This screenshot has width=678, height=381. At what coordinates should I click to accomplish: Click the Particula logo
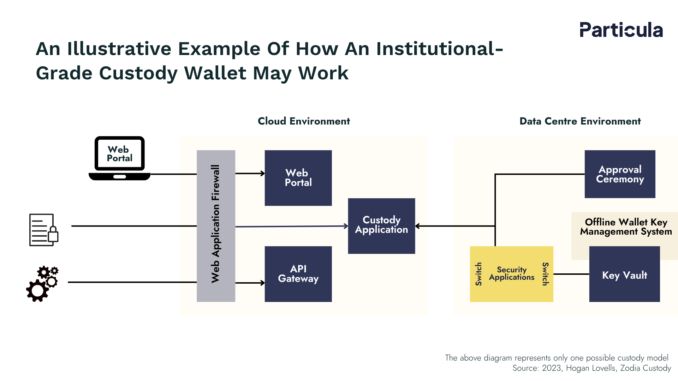(621, 30)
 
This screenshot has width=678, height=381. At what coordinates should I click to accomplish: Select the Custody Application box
(381, 226)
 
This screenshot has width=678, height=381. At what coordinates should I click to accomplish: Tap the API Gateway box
(298, 274)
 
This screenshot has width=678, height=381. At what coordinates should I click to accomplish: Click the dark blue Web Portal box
(298, 178)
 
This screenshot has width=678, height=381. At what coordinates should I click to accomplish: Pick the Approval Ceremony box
(620, 174)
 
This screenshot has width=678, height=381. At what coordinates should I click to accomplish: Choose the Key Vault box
(624, 274)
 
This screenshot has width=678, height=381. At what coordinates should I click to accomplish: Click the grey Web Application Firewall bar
(216, 226)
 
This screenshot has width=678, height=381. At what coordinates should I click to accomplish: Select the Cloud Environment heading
(304, 121)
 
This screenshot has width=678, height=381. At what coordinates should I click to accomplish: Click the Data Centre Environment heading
(580, 121)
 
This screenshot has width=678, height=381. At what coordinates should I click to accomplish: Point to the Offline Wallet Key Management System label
(626, 227)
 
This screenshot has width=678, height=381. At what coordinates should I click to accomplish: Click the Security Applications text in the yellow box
(512, 273)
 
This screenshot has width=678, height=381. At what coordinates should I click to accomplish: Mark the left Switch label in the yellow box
(478, 274)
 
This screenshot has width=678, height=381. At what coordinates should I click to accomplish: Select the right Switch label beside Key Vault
(545, 274)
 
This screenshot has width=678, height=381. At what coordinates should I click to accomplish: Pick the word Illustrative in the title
(119, 49)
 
